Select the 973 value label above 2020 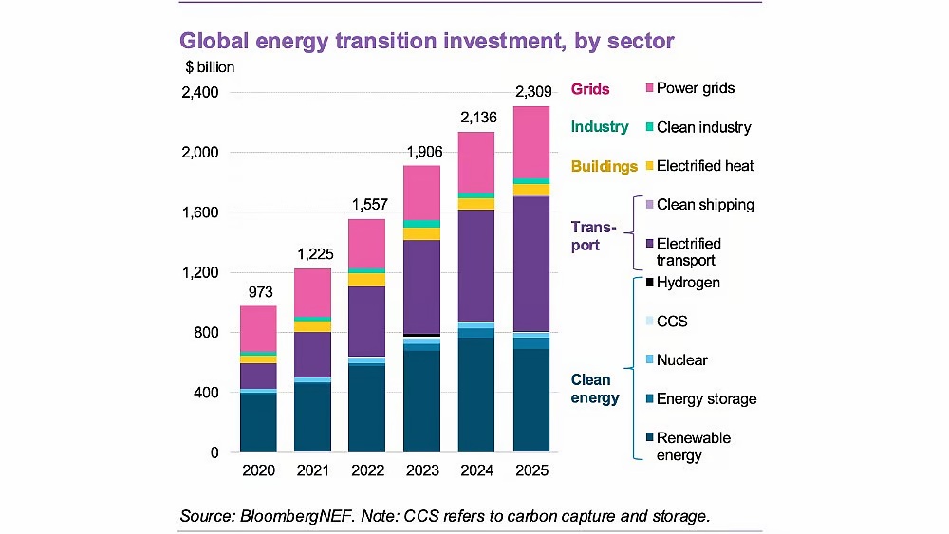tap(258, 292)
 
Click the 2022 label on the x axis tap(367, 470)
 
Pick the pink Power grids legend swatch tap(647, 89)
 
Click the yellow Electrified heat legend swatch tap(647, 166)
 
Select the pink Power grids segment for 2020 tap(258, 328)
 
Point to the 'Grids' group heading tap(590, 89)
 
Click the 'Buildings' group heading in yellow tap(604, 167)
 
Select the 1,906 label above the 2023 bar tap(422, 153)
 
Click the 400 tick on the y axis tap(205, 393)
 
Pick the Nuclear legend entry tap(681, 360)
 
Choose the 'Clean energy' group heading tap(595, 389)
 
